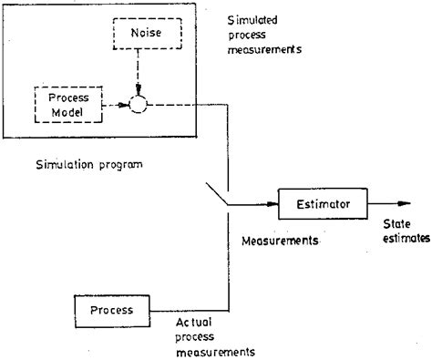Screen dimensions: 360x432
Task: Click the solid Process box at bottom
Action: (x=112, y=310)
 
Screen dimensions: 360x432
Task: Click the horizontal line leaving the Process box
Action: (x=187, y=310)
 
